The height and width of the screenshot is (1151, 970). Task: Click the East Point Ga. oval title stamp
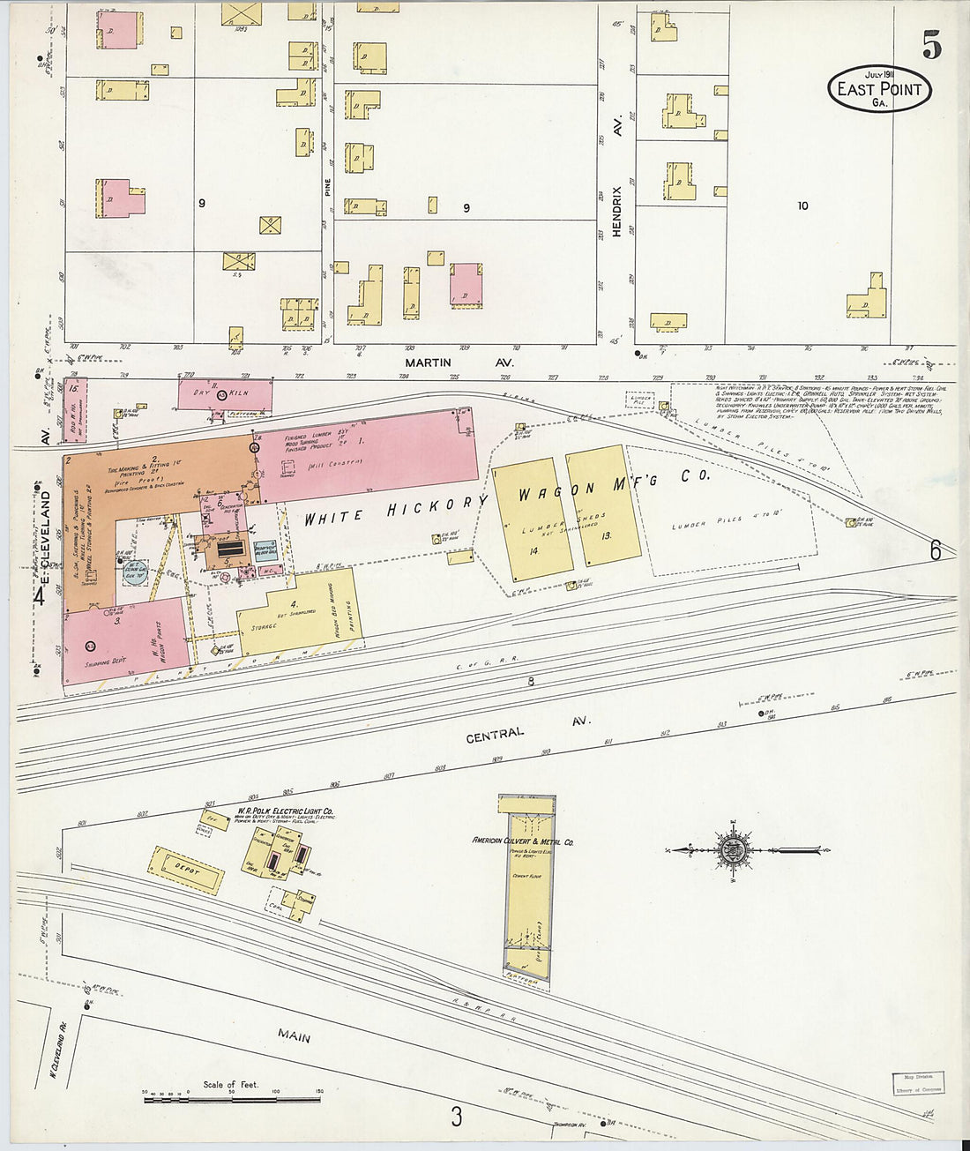point(878,88)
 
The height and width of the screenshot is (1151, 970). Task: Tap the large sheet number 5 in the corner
point(931,44)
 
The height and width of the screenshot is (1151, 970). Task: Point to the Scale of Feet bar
point(231,1099)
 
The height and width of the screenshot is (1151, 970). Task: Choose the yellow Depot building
point(185,871)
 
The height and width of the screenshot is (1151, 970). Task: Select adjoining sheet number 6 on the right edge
point(935,549)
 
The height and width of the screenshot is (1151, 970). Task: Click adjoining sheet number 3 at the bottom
point(456,1117)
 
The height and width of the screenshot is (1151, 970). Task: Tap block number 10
point(802,206)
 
